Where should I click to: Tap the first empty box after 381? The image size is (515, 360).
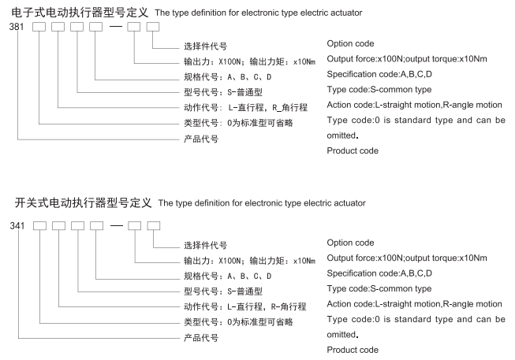point(40,28)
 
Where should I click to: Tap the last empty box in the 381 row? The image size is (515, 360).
point(154,28)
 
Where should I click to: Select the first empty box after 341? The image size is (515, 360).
point(40,227)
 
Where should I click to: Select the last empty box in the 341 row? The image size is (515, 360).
point(154,227)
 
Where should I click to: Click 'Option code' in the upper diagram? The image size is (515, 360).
point(350,43)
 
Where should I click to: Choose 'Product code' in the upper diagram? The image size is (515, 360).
point(353,150)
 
